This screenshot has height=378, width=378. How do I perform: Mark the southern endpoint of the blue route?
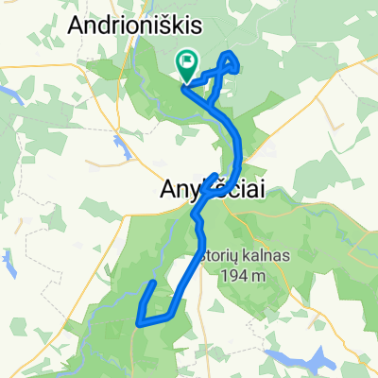click(x=153, y=283)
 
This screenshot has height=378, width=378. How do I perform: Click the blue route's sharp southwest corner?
click(x=140, y=321)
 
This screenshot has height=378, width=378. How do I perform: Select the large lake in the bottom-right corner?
click(x=312, y=359)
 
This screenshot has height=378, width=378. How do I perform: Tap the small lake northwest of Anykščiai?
click(x=124, y=148)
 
